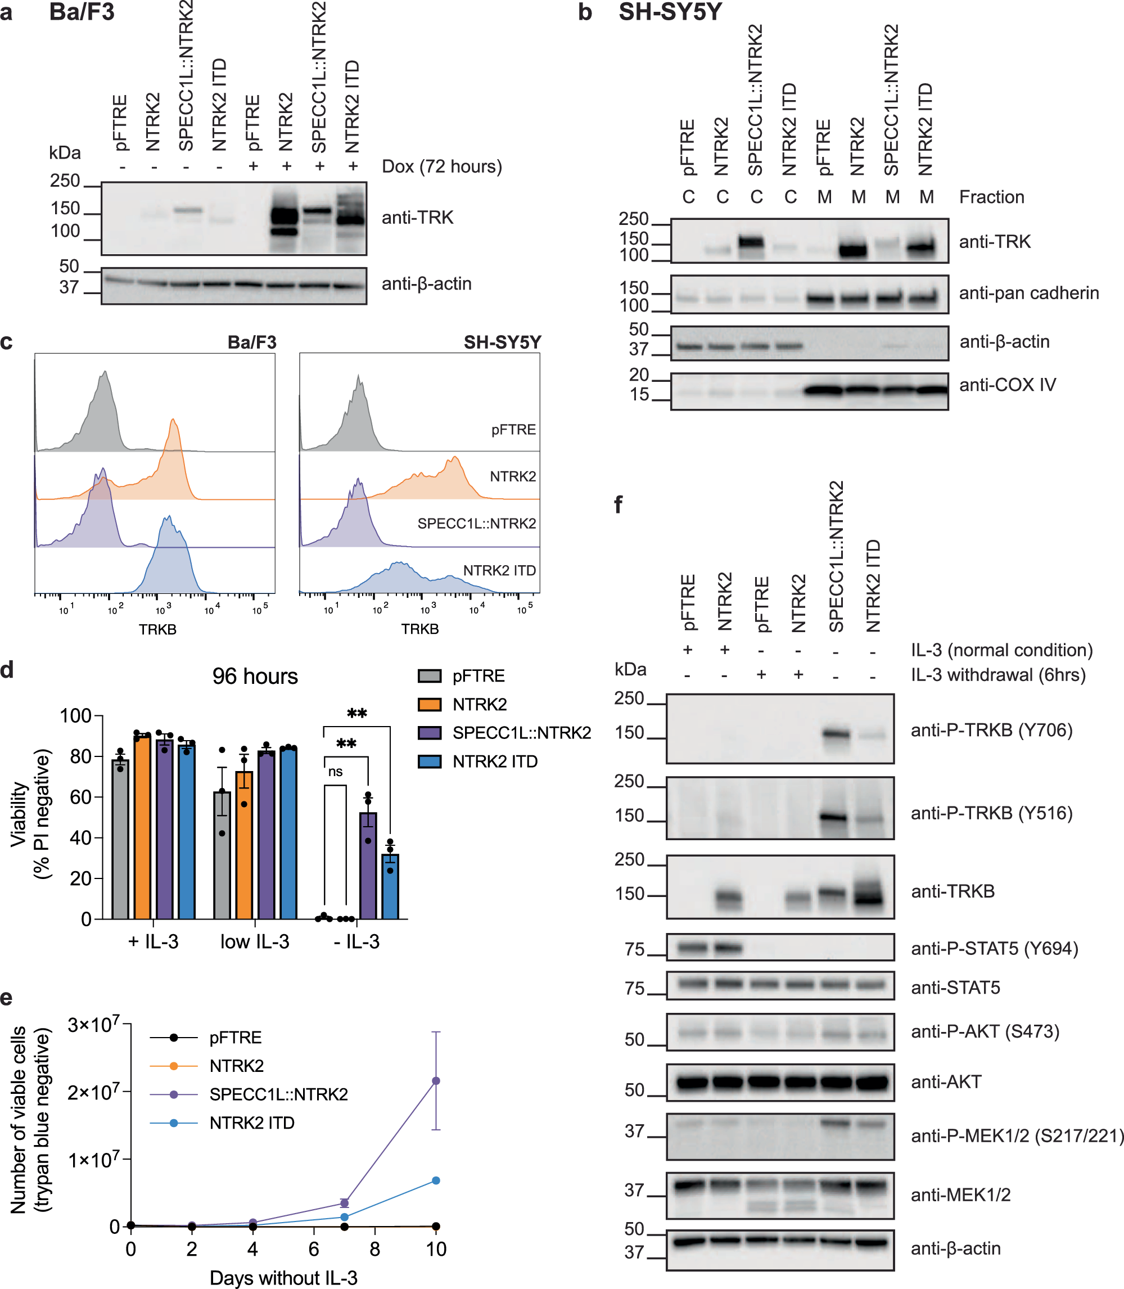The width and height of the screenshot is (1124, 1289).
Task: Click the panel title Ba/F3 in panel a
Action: click(82, 12)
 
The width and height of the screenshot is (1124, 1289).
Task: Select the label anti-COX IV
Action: click(1008, 385)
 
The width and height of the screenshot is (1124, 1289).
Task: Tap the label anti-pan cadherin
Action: click(1028, 293)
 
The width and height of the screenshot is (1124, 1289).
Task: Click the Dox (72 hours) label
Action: click(441, 167)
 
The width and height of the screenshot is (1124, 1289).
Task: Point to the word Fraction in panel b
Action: click(991, 197)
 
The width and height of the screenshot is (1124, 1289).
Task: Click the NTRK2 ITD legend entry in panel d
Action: click(494, 761)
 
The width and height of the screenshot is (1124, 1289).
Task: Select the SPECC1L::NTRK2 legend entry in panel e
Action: click(278, 1094)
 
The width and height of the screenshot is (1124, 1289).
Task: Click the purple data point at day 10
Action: click(436, 1081)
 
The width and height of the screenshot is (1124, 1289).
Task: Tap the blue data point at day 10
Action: click(436, 1180)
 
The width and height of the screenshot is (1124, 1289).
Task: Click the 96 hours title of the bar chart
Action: click(255, 676)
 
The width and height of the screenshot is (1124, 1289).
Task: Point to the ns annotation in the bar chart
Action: click(336, 772)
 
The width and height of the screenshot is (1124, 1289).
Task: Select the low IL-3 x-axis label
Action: click(255, 941)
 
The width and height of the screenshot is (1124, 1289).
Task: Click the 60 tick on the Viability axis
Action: click(80, 797)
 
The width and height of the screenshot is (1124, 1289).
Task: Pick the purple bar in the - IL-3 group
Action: click(368, 866)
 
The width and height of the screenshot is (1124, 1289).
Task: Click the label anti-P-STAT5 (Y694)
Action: click(994, 948)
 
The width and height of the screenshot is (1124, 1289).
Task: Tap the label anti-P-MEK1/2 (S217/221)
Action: click(1016, 1135)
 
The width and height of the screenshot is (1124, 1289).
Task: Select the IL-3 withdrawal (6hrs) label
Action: click(997, 675)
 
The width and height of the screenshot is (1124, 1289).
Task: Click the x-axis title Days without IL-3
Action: click(283, 1278)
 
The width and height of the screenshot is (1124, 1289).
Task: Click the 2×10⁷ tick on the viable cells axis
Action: click(93, 1093)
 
